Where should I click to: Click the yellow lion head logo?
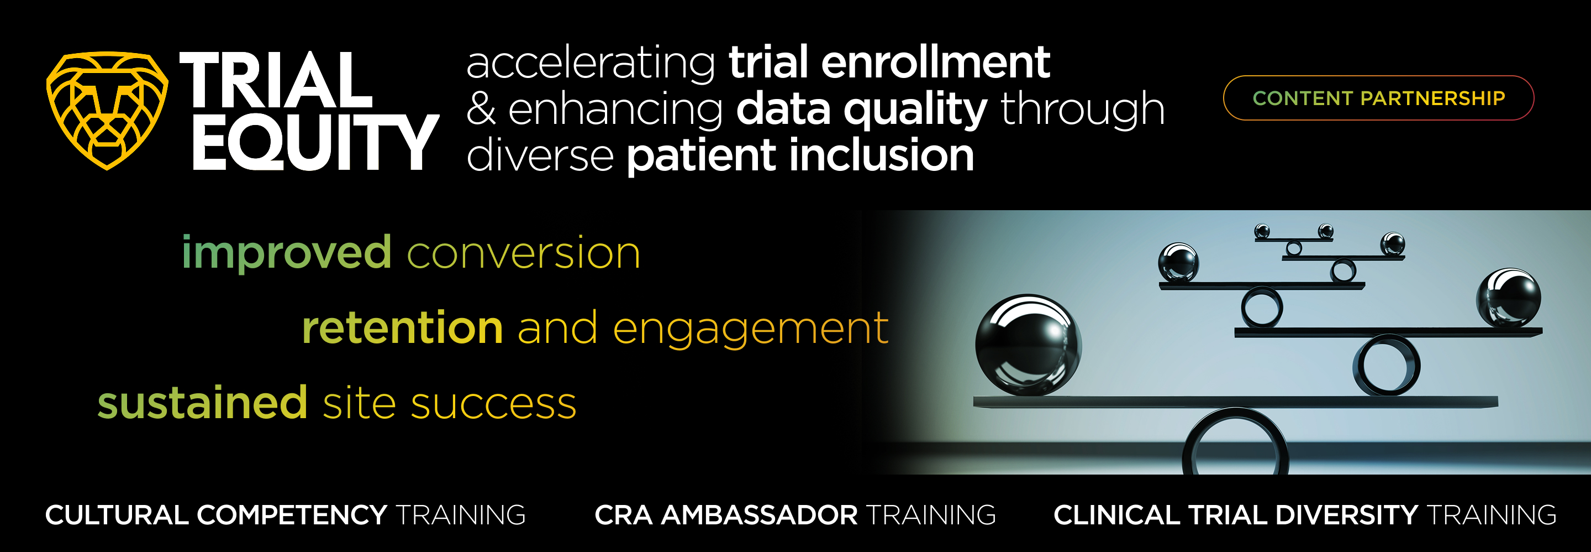pyautogui.click(x=107, y=110)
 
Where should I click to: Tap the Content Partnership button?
pyautogui.click(x=1378, y=98)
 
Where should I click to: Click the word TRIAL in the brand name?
pyautogui.click(x=276, y=80)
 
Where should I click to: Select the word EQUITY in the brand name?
pyautogui.click(x=315, y=142)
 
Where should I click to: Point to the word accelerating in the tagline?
pyautogui.click(x=591, y=64)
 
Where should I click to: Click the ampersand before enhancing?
pyautogui.click(x=481, y=110)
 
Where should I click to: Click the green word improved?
pyautogui.click(x=287, y=253)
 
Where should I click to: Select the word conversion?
pyautogui.click(x=524, y=253)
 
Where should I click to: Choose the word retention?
pyautogui.click(x=403, y=327)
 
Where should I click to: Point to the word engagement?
pyautogui.click(x=750, y=330)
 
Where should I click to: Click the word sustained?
pyautogui.click(x=203, y=403)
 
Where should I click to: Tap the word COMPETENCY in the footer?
pyautogui.click(x=292, y=515)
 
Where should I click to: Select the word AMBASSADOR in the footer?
pyautogui.click(x=760, y=515)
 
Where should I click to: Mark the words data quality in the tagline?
pyautogui.click(x=862, y=110)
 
